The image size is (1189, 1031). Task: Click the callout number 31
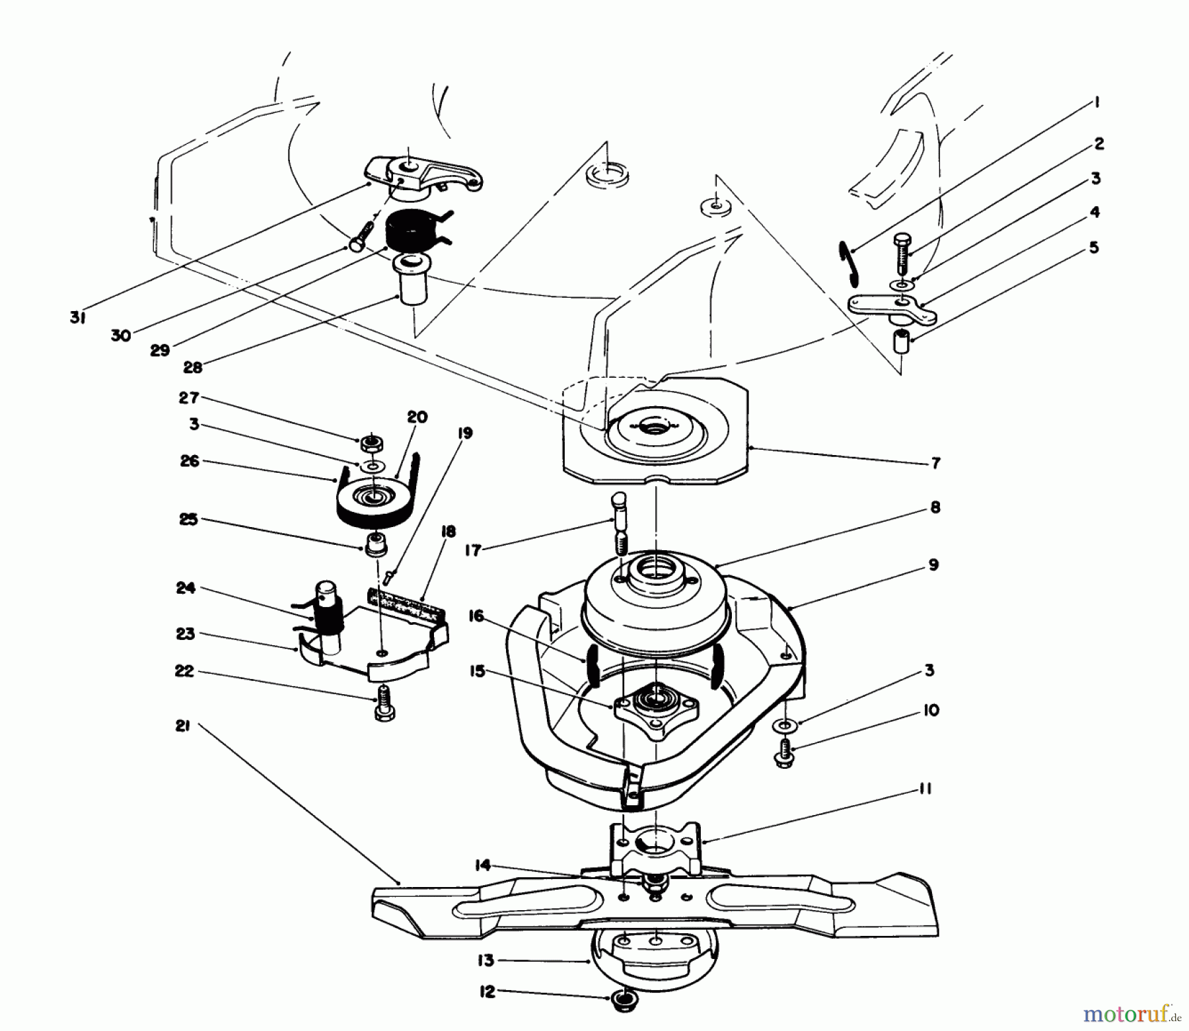(77, 318)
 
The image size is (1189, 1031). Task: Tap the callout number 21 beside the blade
(183, 726)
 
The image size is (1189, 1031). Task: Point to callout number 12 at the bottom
(487, 992)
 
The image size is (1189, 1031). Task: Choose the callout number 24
(186, 588)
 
